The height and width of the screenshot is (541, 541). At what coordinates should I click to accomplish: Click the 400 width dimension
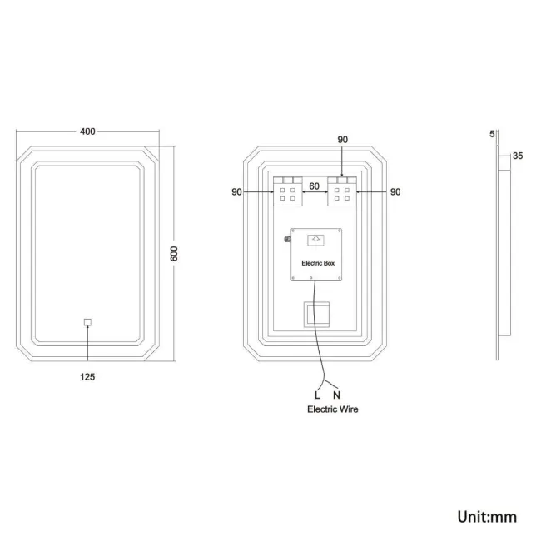(x=87, y=131)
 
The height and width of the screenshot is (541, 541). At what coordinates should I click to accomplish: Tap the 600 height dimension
(x=175, y=254)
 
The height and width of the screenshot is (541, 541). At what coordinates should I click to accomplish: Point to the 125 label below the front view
(x=87, y=377)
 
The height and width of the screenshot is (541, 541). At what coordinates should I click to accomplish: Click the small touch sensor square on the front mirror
(x=87, y=321)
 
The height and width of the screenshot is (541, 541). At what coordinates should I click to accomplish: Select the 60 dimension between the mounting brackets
(x=315, y=186)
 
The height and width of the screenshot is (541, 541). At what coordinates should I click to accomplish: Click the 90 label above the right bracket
(x=342, y=141)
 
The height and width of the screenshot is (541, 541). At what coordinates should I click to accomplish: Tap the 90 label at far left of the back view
(x=236, y=192)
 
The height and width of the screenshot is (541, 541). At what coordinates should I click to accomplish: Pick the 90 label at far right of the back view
(x=395, y=192)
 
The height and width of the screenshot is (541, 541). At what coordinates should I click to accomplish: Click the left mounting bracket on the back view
(x=288, y=190)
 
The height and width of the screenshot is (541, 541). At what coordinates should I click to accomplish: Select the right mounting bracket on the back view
(x=342, y=190)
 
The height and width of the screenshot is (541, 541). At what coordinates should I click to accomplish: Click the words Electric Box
(x=316, y=263)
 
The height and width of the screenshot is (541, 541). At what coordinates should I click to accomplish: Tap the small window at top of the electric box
(x=315, y=240)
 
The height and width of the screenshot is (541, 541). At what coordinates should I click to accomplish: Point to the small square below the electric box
(x=315, y=313)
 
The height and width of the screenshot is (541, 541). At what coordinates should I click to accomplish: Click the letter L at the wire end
(x=316, y=394)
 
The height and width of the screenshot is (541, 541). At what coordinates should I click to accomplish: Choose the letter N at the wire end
(x=336, y=394)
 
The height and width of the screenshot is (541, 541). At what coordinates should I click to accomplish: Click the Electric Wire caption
(x=333, y=409)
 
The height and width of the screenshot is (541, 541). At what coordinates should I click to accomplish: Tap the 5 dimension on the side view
(x=492, y=132)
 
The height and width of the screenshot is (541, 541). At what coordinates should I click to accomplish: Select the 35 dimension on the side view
(x=517, y=156)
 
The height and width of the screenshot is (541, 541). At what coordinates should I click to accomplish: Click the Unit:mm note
(x=487, y=517)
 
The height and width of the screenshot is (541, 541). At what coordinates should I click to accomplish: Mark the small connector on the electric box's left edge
(x=287, y=241)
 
